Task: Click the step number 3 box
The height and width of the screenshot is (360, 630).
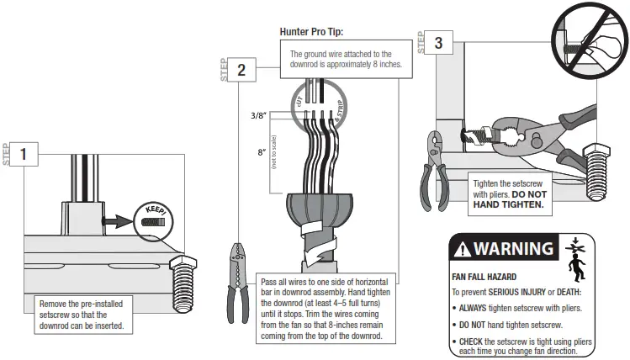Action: (439, 42)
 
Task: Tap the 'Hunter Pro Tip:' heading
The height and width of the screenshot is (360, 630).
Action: (313, 33)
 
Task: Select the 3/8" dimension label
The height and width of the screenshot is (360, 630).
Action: (252, 115)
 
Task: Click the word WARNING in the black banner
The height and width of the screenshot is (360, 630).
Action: (514, 248)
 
